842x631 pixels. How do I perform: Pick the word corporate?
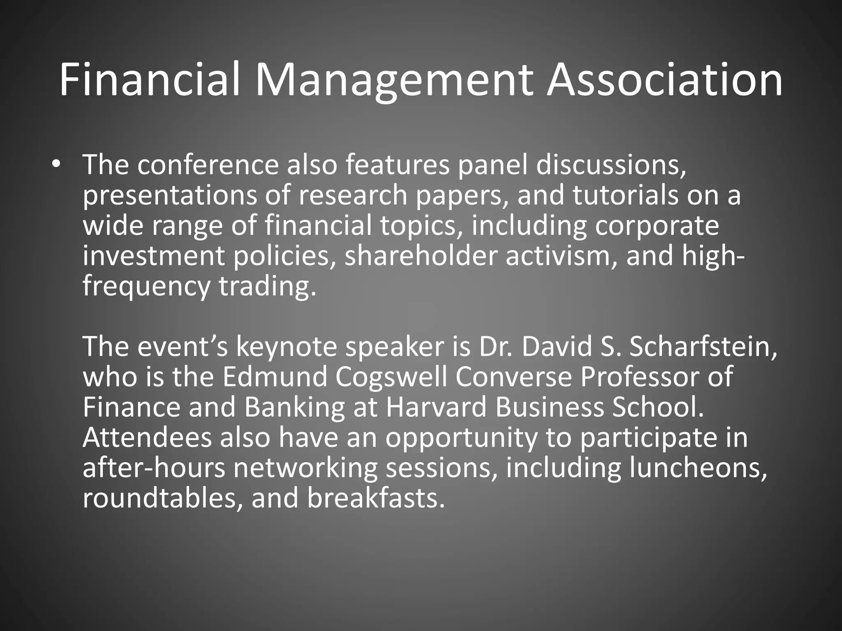[x=657, y=226]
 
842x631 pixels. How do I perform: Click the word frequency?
[x=146, y=286]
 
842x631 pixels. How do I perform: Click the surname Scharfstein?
[x=703, y=347]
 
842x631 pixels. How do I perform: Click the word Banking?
[x=294, y=408]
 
